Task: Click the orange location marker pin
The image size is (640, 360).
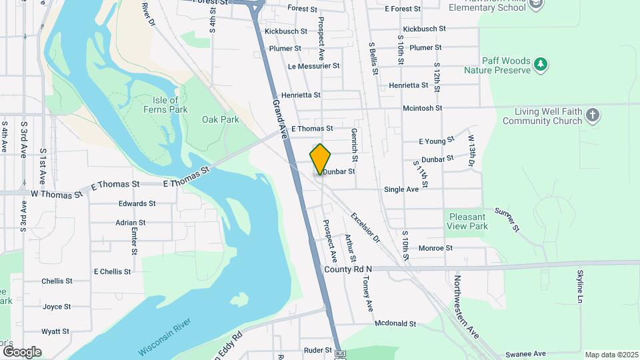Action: tap(320, 159)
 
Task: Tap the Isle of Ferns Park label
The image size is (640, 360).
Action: tap(165, 105)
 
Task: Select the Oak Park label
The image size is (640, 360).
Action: tap(221, 119)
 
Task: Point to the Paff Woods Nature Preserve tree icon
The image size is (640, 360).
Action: tap(541, 64)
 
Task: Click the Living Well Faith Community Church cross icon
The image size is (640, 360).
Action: tap(592, 116)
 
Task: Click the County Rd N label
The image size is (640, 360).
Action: tap(347, 269)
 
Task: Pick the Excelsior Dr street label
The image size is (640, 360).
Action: tap(364, 227)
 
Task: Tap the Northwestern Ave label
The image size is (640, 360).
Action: tap(467, 307)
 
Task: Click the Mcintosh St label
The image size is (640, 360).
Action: tap(422, 108)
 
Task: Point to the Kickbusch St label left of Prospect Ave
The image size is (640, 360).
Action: tap(285, 31)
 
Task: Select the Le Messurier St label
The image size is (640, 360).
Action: tap(314, 67)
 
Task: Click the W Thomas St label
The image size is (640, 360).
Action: tap(57, 194)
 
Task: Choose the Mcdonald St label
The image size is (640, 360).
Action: tap(395, 324)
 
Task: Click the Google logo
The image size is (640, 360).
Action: tap(21, 351)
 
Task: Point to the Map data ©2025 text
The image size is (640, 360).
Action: tap(611, 355)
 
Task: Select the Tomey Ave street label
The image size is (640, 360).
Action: tap(367, 293)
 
